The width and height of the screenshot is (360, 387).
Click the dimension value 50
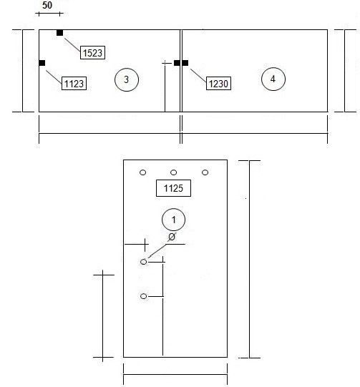coord(47,5)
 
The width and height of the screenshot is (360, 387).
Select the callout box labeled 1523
coord(92,52)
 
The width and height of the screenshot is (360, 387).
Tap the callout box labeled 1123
coord(74,84)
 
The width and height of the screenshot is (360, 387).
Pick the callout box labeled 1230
coord(218,84)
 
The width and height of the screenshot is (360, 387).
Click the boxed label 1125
coord(174,188)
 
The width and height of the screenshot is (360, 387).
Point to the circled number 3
coord(127,79)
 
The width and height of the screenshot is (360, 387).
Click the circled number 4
coord(273,79)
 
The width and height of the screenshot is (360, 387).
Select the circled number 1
coord(174,220)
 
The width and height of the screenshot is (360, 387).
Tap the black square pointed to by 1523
coord(59,33)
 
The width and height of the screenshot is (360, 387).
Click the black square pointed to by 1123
coord(42,63)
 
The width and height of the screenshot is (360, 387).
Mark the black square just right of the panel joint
coord(185,63)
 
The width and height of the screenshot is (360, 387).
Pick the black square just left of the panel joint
coord(177,63)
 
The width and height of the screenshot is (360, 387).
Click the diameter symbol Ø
coord(172,237)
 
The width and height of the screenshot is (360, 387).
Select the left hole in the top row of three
coord(142,172)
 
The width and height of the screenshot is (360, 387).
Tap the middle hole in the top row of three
coord(174,172)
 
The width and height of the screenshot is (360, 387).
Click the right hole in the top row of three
coord(205,172)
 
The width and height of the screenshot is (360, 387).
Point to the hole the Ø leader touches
coord(143,262)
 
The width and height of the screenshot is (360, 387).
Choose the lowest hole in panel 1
coord(143,296)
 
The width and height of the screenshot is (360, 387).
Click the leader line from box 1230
coord(198,76)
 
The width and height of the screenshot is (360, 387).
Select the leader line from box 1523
coord(72,45)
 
